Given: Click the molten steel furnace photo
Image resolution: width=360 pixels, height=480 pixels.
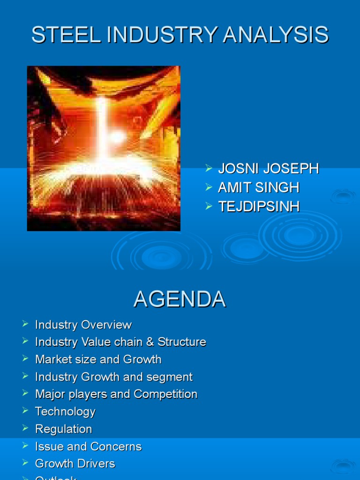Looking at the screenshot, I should click(104, 148).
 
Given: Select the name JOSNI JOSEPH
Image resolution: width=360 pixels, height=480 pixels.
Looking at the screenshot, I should click(268, 169).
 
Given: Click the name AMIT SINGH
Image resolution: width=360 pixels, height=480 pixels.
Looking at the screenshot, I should click(258, 187).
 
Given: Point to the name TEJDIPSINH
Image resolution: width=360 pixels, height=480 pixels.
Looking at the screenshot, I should click(258, 206).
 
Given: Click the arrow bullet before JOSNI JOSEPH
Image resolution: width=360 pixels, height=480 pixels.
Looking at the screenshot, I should click(209, 168).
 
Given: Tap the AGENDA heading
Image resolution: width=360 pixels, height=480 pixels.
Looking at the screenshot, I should click(180, 300).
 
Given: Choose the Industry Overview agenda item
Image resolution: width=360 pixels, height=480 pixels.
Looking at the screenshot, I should click(83, 325).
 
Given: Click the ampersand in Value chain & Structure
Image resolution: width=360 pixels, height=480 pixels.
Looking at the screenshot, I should click(150, 342).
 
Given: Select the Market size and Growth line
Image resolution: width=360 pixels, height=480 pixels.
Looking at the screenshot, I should click(98, 360).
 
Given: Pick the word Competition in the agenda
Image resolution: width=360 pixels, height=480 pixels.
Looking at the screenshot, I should click(165, 394).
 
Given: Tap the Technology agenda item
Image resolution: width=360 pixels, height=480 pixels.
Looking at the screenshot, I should click(65, 412).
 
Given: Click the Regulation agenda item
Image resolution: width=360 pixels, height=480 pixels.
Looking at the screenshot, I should click(64, 429).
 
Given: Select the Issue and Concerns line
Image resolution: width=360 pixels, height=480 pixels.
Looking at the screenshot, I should click(88, 447).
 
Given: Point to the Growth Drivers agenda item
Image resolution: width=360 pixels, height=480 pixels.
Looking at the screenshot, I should click(75, 464).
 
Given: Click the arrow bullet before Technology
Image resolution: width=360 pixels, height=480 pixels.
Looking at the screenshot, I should click(25, 411).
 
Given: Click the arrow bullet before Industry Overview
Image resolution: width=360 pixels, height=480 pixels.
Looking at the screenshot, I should click(25, 324).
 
